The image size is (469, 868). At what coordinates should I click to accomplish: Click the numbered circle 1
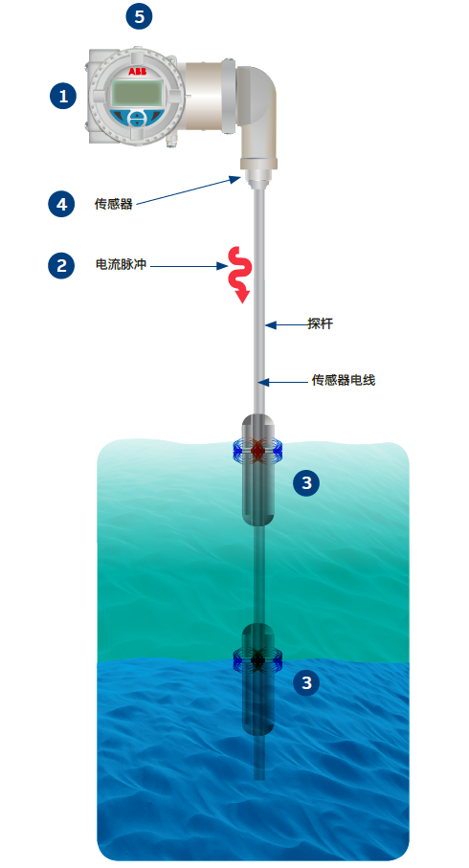[x=63, y=96]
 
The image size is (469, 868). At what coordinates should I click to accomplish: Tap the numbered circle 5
[x=139, y=16]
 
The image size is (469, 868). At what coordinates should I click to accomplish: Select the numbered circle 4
[x=61, y=204]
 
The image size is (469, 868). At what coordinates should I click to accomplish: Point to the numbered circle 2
[x=61, y=265]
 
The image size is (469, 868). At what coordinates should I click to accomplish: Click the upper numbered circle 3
[x=306, y=482]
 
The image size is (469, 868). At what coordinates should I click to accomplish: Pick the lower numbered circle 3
[x=306, y=682]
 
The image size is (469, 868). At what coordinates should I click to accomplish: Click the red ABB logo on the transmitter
[x=137, y=72]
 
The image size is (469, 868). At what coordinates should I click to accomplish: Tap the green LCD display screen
[x=138, y=93]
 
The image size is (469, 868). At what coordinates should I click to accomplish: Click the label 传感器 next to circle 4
[x=114, y=204]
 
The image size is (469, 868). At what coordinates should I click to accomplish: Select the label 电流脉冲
[x=121, y=264]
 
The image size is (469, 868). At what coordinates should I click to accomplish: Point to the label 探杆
[x=320, y=323]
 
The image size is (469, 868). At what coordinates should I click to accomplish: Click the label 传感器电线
[x=344, y=380]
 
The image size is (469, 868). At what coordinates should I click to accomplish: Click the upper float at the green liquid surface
[x=258, y=470]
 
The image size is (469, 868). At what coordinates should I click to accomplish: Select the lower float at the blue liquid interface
[x=258, y=679]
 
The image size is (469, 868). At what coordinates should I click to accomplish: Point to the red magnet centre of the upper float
[x=258, y=451]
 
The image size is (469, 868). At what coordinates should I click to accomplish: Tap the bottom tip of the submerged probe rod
[x=258, y=778]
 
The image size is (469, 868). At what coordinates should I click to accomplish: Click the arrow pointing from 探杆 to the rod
[x=286, y=325]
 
